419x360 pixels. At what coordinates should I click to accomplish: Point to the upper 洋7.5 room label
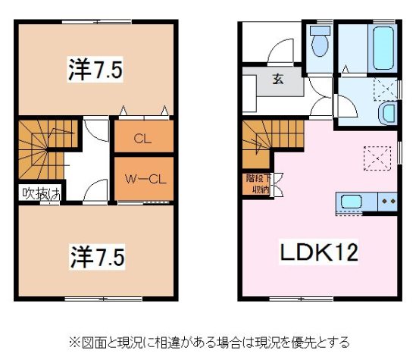pos(93,70)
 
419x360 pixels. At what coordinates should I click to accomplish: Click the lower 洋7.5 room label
pos(93,252)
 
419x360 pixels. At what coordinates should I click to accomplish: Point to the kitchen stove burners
pos(387,202)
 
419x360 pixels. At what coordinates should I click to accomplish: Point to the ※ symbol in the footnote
pos(75,342)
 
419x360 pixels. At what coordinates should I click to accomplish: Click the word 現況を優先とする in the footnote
pos(299,342)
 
